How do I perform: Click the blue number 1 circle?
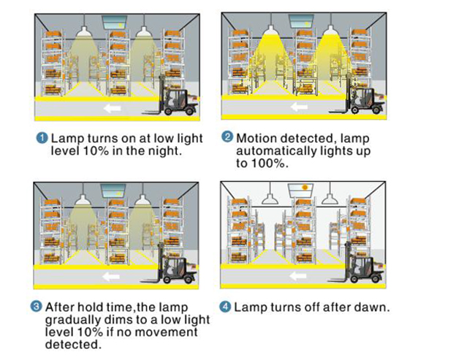[42, 137]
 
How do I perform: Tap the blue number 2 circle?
[227, 137]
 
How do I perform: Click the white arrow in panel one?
[113, 108]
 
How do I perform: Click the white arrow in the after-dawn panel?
[297, 276]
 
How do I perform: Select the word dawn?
[370, 307]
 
